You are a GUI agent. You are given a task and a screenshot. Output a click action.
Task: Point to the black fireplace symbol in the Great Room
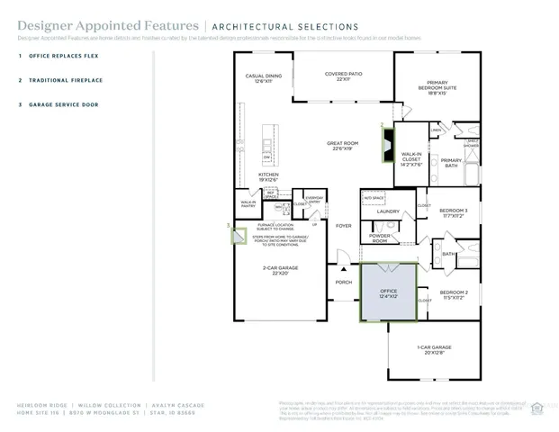(x=387, y=144)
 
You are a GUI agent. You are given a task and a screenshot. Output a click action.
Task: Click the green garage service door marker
(x=239, y=235)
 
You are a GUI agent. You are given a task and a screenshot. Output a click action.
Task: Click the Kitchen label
(x=269, y=176)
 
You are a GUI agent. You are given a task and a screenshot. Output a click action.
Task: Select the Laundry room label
(x=388, y=211)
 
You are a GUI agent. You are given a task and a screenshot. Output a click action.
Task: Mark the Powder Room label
(x=380, y=238)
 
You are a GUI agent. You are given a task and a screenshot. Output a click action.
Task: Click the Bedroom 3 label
(x=452, y=212)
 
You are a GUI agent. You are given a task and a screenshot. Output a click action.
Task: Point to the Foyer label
(x=343, y=226)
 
